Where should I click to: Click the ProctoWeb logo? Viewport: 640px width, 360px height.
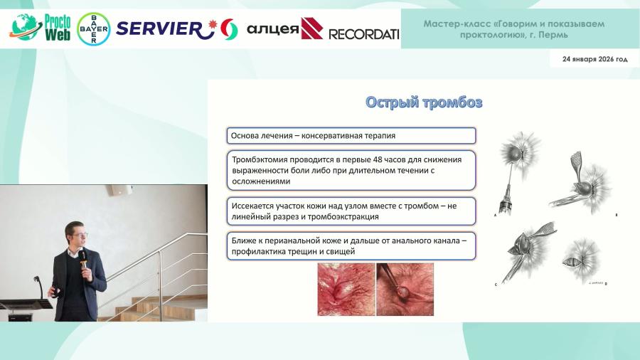point(40,27)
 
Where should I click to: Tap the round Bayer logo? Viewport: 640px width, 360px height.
point(93,29)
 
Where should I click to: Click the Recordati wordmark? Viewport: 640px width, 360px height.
point(363,34)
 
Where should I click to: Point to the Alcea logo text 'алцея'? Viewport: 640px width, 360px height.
point(272,29)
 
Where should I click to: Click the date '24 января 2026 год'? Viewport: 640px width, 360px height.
point(594,59)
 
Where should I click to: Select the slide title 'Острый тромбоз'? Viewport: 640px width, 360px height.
point(424,102)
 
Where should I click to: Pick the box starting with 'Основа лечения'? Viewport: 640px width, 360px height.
point(351,135)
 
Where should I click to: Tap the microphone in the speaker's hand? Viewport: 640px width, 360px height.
point(83,261)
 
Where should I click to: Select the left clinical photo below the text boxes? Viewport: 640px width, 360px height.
point(346,289)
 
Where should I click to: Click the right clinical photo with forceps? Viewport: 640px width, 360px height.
point(405,289)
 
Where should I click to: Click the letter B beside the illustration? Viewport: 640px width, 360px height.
point(617,215)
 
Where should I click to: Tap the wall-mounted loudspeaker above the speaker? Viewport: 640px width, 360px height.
point(119,189)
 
